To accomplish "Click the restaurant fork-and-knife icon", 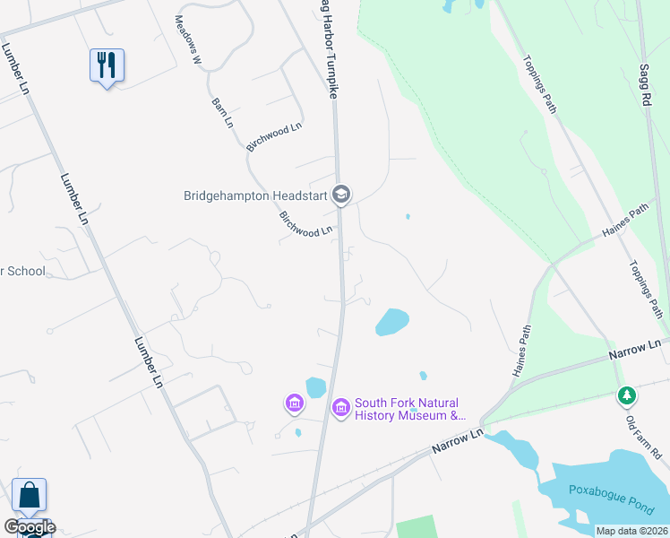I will point(107,65).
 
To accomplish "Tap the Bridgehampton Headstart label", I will point(254,195).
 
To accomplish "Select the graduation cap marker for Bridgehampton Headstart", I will point(340,194).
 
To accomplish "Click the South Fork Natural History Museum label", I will point(410,409).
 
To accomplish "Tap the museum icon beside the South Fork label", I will point(340,409).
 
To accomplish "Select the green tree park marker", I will point(627,395).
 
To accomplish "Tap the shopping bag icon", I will point(29,495).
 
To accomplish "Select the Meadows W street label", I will point(190,39).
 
